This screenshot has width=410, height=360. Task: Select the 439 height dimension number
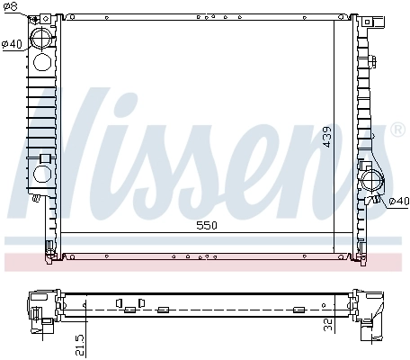[329, 135]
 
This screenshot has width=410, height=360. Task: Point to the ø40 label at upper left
[12, 44]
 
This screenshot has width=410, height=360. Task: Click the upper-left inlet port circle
[42, 40]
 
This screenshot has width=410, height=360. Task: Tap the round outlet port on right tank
[371, 183]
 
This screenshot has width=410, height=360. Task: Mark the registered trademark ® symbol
[398, 130]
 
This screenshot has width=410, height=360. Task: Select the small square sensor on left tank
[43, 159]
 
